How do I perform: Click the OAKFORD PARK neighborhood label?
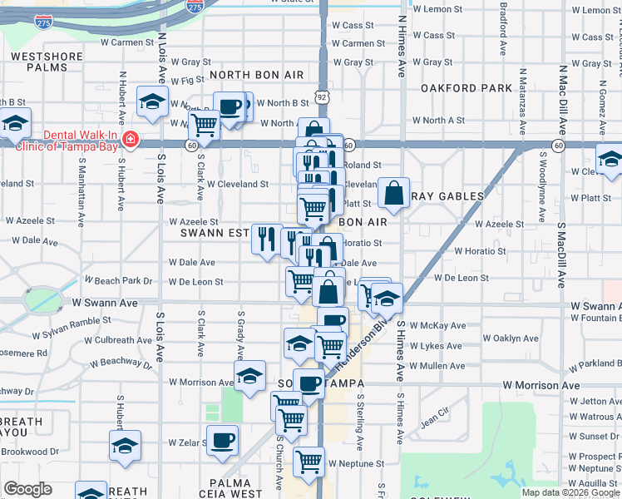pyautogui.click(x=466, y=88)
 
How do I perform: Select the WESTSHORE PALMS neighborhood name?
pyautogui.click(x=45, y=62)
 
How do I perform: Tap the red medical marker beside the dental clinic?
pyautogui.click(x=130, y=139)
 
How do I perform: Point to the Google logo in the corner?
pyautogui.click(x=27, y=489)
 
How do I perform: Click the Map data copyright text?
pyautogui.click(x=570, y=492)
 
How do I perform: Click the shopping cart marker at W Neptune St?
pyautogui.click(x=309, y=460)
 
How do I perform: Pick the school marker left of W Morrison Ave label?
pyautogui.click(x=249, y=376)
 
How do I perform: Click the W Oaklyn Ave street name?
pyautogui.click(x=511, y=338)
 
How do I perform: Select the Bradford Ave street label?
pyautogui.click(x=503, y=27)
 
